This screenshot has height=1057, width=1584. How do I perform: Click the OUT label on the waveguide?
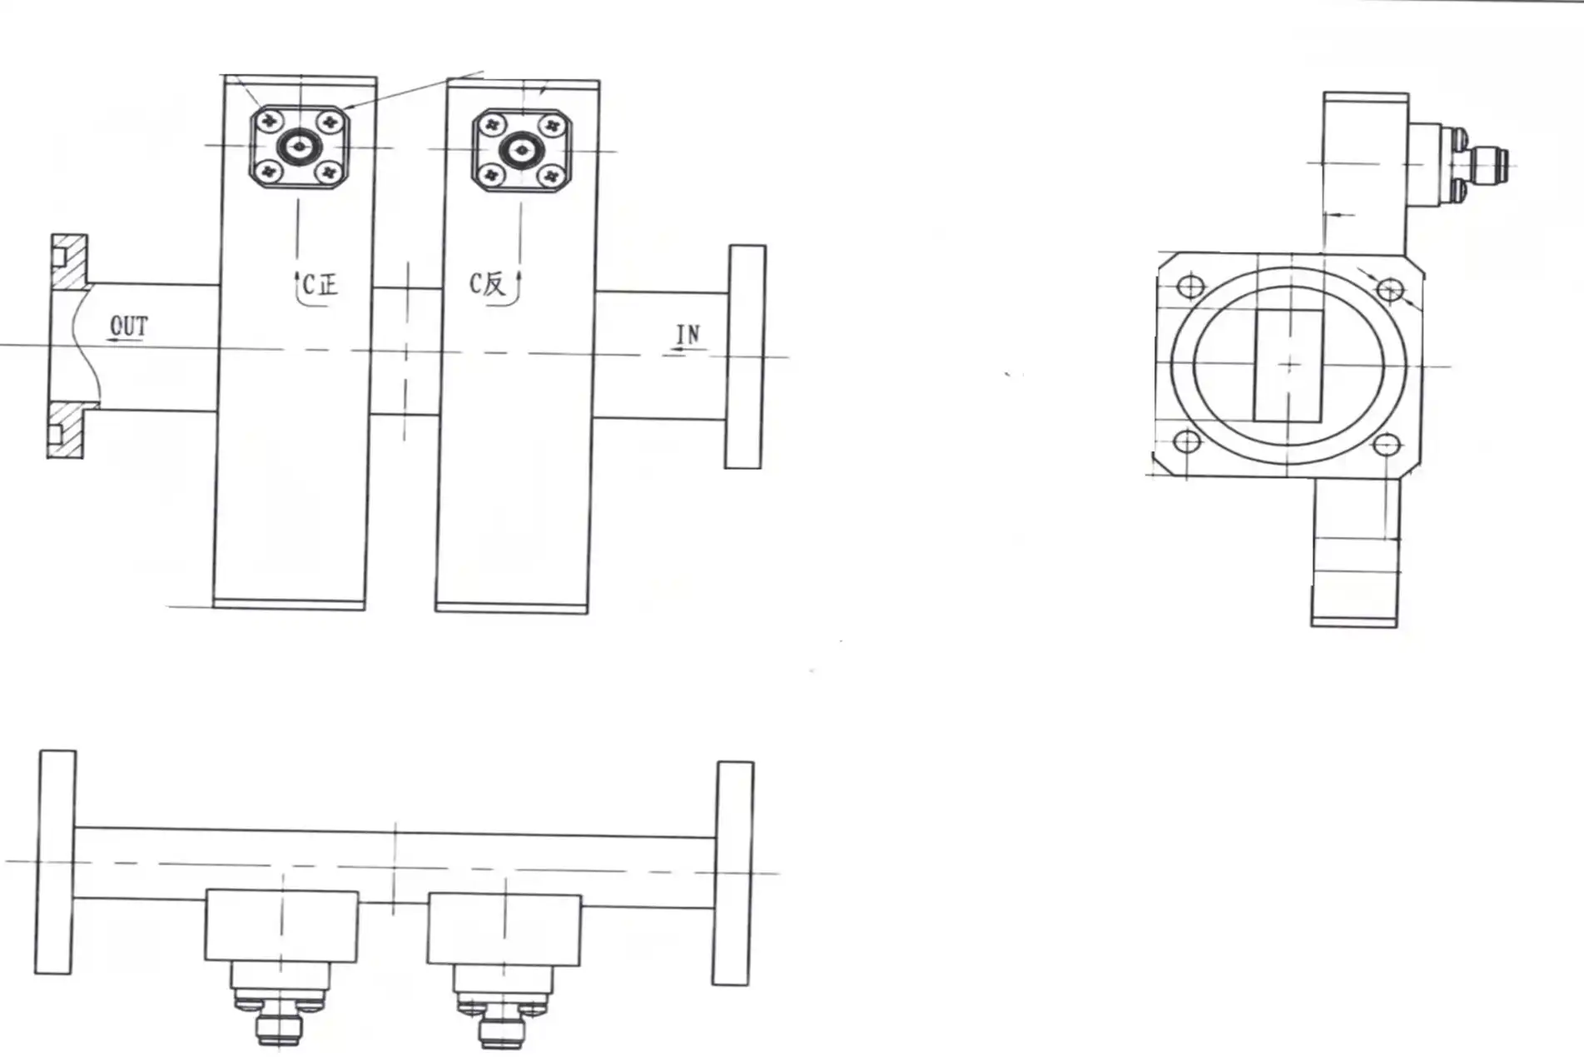coord(129,326)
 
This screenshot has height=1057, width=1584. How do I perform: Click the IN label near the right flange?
coord(688,335)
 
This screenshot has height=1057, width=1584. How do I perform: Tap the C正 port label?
coord(320,286)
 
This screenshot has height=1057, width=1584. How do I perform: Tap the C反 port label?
coord(487,284)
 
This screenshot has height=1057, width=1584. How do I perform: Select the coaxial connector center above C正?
coord(299,147)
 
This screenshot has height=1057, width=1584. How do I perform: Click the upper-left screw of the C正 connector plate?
coord(269,122)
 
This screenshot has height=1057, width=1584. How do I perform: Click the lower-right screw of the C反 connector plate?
coord(549,176)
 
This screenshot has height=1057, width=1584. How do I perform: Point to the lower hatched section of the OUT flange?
coord(67,430)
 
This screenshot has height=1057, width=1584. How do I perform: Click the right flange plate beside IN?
coord(745,356)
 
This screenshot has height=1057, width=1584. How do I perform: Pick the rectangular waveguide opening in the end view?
coord(1289,365)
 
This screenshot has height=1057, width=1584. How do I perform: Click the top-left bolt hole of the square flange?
coord(1190,287)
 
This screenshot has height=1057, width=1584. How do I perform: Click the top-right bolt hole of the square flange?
coord(1389,290)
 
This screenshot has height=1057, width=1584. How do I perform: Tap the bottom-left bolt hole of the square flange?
coord(1186,441)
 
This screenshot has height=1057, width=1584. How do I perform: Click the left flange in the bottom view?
coord(56,861)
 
